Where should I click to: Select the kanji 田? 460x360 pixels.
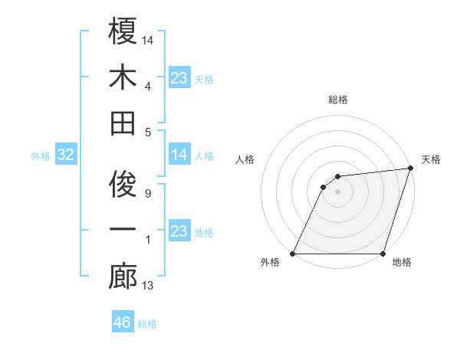coord(123,122)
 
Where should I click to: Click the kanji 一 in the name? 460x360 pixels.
coord(123,231)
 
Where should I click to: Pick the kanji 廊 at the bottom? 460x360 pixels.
coord(123,277)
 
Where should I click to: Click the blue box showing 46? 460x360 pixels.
coord(123,322)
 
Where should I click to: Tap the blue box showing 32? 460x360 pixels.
coord(66,155)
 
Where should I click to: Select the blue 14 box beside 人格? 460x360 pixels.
coord(179,155)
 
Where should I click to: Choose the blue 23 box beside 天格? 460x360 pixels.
coord(179,78)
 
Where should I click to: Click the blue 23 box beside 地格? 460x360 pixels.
coord(179,231)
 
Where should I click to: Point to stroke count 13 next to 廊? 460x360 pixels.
coord(148,286)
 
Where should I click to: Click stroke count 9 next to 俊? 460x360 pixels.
coord(148,194)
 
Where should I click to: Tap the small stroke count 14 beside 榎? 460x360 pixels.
coord(148,39)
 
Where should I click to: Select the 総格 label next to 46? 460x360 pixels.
coord(147,324)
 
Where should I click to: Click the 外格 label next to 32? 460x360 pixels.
coord(41,156)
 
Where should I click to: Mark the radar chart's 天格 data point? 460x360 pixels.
coord(411,169)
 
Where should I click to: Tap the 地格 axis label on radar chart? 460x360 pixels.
coord(402,263)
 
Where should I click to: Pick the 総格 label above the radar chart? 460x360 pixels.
coord(337,100)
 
